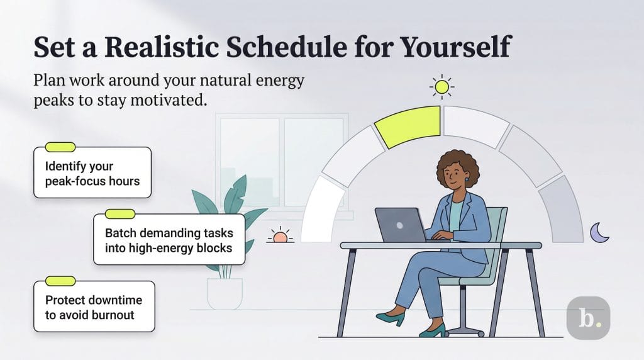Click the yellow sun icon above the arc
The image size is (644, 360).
pyautogui.click(x=442, y=87)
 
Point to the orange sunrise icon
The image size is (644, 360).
pyautogui.click(x=280, y=237)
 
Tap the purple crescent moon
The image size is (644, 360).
pyautogui.click(x=599, y=232)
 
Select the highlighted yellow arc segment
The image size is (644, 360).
pyautogui.click(x=409, y=126)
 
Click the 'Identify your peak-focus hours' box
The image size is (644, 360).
pyautogui.click(x=92, y=173)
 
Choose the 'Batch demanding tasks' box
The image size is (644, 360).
pyautogui.click(x=169, y=239)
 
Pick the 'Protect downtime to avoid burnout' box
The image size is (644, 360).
pyautogui.click(x=94, y=307)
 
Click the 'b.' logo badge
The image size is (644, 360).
pyautogui.click(x=588, y=318)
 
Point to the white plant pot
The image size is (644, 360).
pyautogui.click(x=225, y=293)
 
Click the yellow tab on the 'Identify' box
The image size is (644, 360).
pyautogui.click(x=60, y=147)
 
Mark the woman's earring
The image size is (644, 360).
pyautogui.click(x=467, y=179)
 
